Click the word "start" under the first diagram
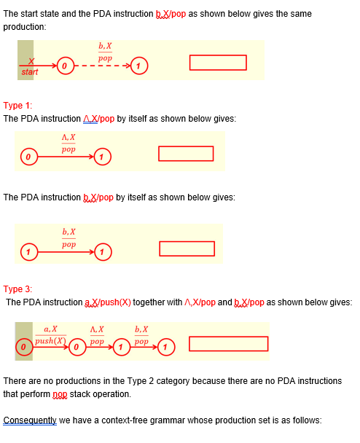[30, 72]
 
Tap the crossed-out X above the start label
[31, 62]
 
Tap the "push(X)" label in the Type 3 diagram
[50, 341]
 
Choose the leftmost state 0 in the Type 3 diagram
[24, 347]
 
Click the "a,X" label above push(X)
[51, 330]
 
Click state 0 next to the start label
[64, 67]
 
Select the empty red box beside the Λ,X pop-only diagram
[186, 154]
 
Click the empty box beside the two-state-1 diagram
[187, 248]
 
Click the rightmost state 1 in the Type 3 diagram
[166, 347]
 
